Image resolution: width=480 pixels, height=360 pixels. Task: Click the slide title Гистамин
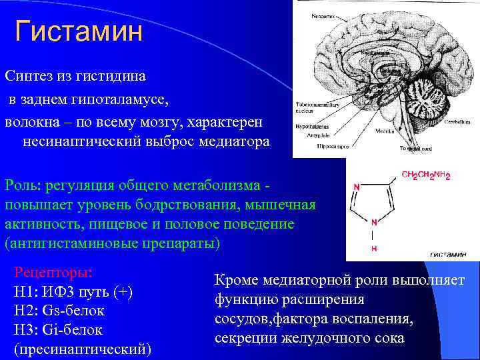click(x=79, y=31)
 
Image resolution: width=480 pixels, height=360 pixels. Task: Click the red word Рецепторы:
click(x=53, y=273)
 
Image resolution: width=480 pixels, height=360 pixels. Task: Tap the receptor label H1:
click(x=27, y=292)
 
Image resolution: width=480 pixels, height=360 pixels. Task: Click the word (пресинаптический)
click(x=83, y=349)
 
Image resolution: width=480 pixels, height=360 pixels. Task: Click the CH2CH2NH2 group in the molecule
click(x=426, y=176)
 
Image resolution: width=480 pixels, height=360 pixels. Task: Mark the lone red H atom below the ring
click(x=373, y=248)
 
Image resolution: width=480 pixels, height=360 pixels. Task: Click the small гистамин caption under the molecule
click(x=447, y=254)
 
